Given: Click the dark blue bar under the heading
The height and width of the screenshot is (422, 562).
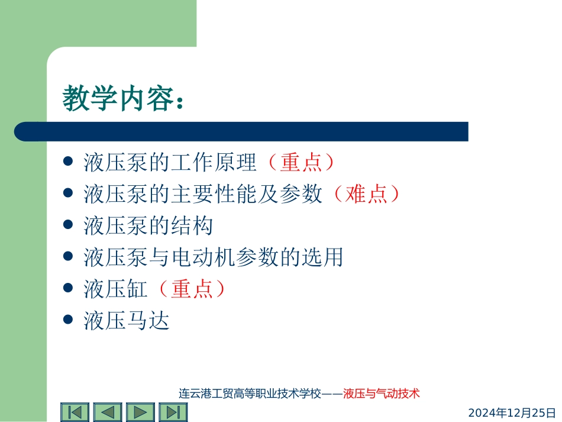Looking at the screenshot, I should pyautogui.click(x=241, y=131).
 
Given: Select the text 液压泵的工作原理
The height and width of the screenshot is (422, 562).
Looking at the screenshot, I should pyautogui.click(x=170, y=162).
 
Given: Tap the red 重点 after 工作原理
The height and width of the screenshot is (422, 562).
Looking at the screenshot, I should pyautogui.click(x=301, y=162).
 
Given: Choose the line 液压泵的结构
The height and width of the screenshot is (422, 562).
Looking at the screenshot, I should pyautogui.click(x=148, y=226).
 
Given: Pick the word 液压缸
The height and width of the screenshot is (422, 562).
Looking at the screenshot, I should pyautogui.click(x=115, y=289).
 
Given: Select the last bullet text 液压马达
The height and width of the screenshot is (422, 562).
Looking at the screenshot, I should pyautogui.click(x=127, y=321).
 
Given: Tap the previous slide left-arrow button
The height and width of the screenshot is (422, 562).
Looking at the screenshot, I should pyautogui.click(x=108, y=412).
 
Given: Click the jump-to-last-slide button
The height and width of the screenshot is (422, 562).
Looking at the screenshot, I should pyautogui.click(x=173, y=412).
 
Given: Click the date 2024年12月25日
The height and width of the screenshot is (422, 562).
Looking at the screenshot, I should pyautogui.click(x=512, y=412).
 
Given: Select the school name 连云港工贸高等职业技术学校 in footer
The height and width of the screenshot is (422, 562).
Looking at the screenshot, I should pyautogui.click(x=249, y=393).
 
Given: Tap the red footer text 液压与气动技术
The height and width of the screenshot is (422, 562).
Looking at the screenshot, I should pyautogui.click(x=381, y=393).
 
